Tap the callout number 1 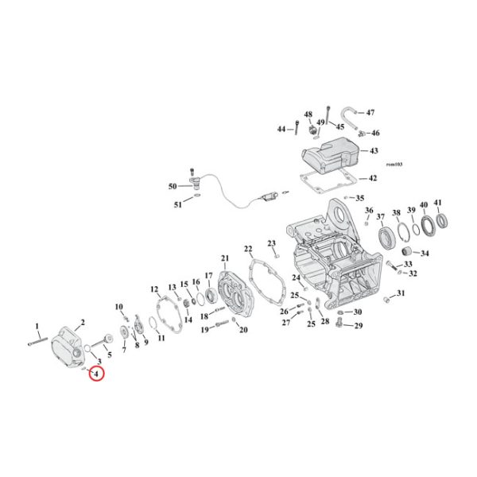[x=36, y=326]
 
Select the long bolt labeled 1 [x=42, y=343]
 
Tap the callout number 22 [x=248, y=249]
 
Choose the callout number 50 [x=173, y=186]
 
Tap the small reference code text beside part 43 [x=394, y=164]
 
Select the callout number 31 [x=401, y=294]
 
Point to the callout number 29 [x=358, y=326]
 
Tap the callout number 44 [x=281, y=128]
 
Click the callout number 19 [x=204, y=329]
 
